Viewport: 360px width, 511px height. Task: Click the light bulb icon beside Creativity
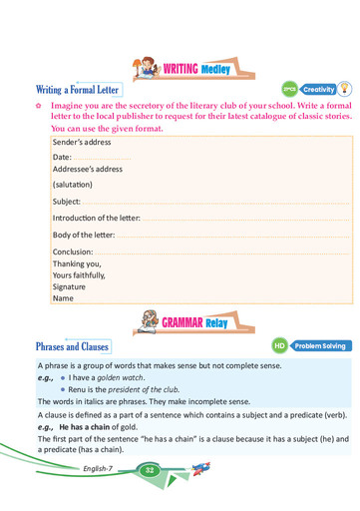point(343,88)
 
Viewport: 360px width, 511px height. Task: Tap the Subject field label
point(67,201)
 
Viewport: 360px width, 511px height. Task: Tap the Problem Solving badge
point(320,346)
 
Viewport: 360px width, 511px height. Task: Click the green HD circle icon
point(280,346)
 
